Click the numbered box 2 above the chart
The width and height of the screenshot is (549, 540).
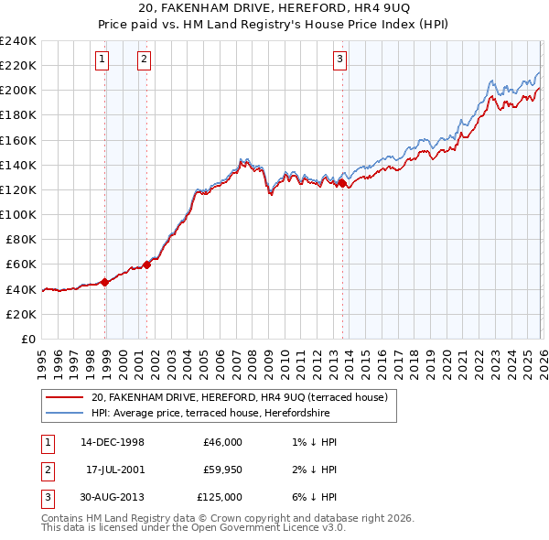pyautogui.click(x=145, y=60)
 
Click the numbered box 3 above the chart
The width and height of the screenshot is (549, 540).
pyautogui.click(x=339, y=60)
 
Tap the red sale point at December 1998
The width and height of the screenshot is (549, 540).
pyautogui.click(x=105, y=281)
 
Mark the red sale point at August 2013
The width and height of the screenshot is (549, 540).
pyautogui.click(x=342, y=183)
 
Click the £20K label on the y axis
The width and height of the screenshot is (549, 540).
pyautogui.click(x=21, y=314)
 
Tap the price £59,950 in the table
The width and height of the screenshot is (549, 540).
pyautogui.click(x=223, y=470)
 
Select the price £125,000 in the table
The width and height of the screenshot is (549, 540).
pyautogui.click(x=221, y=497)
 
